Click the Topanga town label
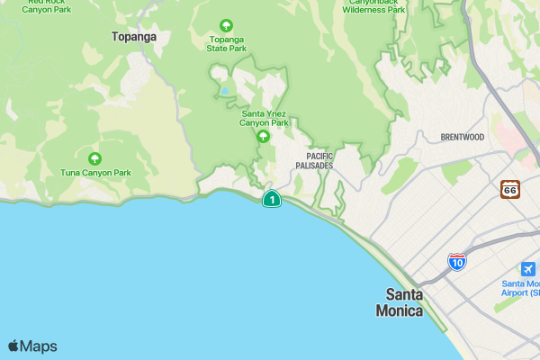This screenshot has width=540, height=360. [134, 37]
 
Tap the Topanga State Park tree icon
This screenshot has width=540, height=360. [226, 25]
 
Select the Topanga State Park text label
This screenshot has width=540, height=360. [226, 43]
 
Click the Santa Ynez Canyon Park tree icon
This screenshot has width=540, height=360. [263, 137]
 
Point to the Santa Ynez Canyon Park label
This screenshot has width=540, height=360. [264, 118]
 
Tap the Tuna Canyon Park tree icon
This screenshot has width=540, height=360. [94, 158]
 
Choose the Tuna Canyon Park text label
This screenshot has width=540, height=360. [95, 172]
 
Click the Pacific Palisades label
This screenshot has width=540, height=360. [313, 161]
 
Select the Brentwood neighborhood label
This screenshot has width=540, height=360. [463, 137]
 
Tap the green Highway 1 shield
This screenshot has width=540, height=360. [271, 199]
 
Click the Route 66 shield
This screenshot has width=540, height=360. [510, 189]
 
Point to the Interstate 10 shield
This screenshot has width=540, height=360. [457, 262]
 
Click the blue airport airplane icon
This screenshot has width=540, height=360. [528, 269]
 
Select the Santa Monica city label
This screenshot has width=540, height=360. [404, 302]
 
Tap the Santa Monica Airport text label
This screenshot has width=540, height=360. [521, 288]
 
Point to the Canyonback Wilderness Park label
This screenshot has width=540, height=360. [373, 6]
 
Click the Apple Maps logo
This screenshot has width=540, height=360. [32, 346]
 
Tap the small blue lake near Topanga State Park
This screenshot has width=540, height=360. [223, 91]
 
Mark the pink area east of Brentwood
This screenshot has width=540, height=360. [516, 139]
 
